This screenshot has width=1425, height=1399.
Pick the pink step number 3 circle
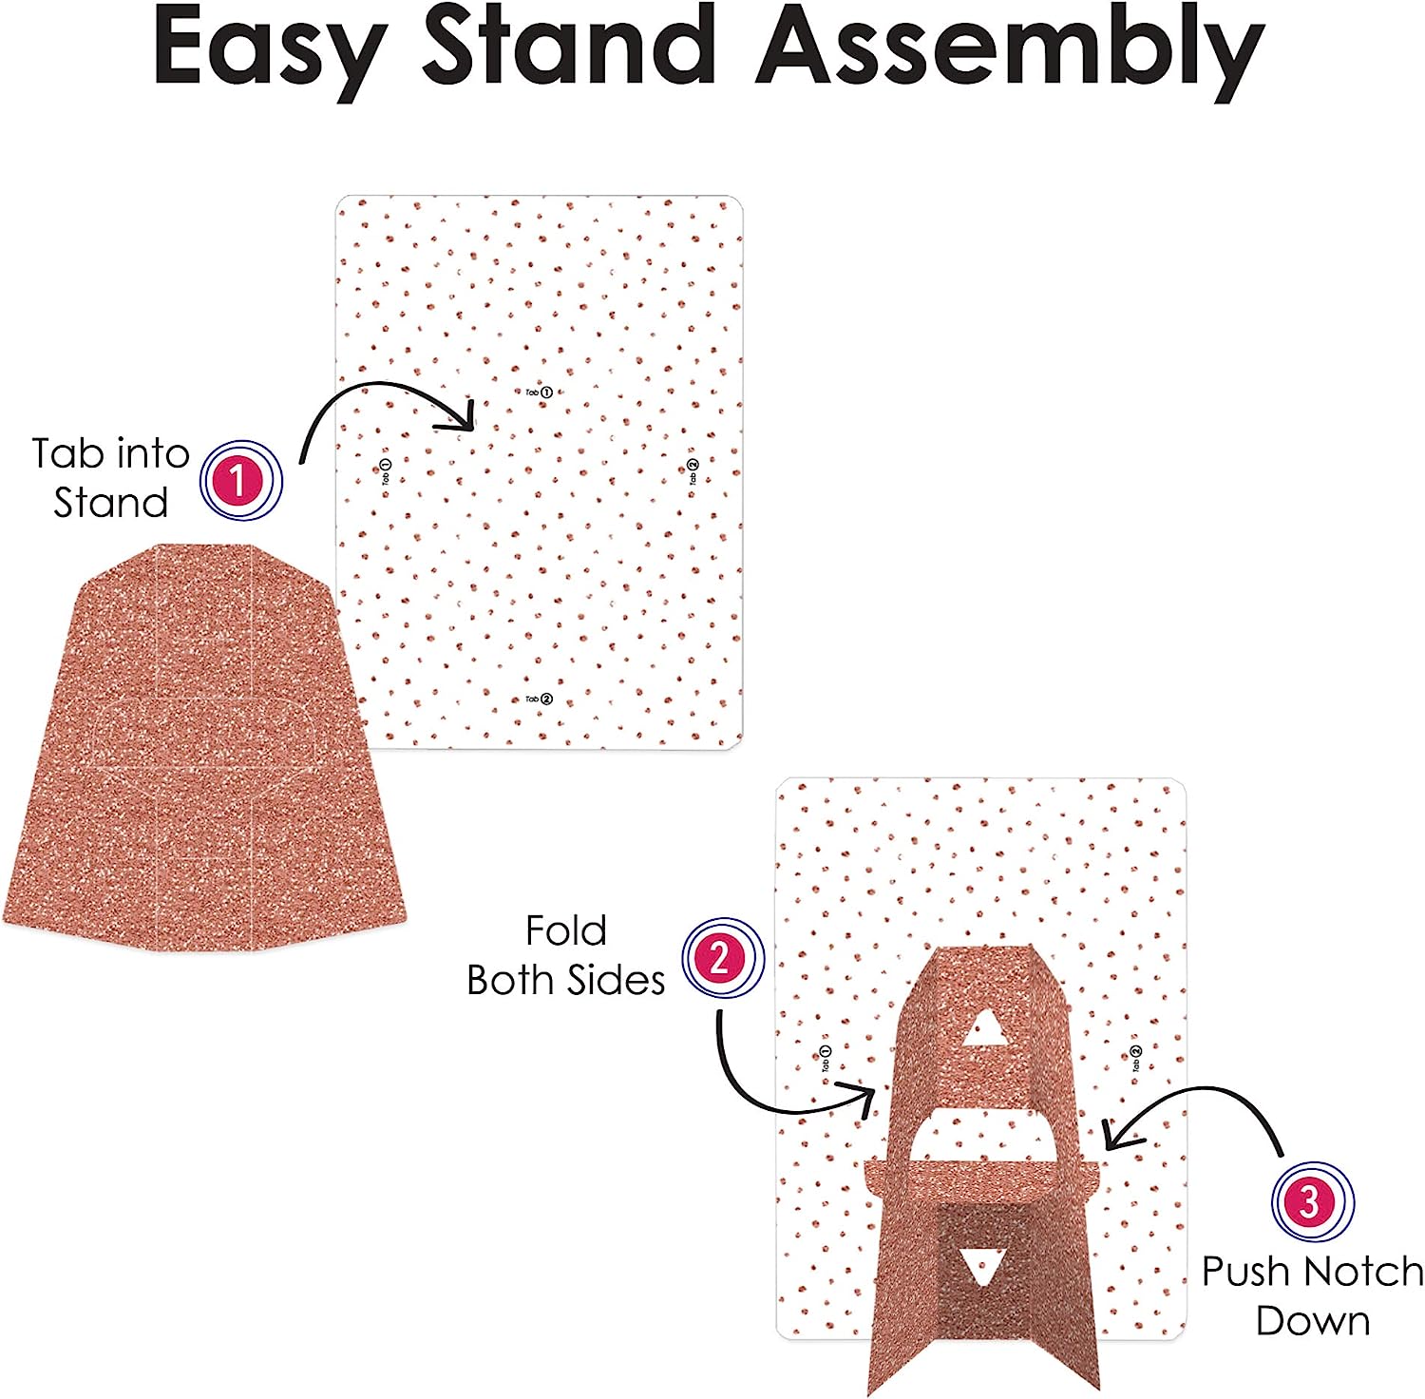pyautogui.click(x=1312, y=1202)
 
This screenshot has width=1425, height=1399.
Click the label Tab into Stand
pyautogui.click(x=110, y=478)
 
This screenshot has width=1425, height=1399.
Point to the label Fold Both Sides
pyautogui.click(x=566, y=956)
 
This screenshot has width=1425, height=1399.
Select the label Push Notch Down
pyautogui.click(x=1312, y=1296)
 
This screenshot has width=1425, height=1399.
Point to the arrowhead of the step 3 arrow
pyautogui.click(x=1115, y=1135)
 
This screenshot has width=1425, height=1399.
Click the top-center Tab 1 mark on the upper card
pyautogui.click(x=540, y=392)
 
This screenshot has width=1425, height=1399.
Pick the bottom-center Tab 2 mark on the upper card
pyautogui.click(x=539, y=699)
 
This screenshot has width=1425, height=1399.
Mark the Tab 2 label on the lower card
pyautogui.click(x=1136, y=1058)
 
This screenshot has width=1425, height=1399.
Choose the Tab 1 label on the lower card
pyautogui.click(x=826, y=1058)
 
